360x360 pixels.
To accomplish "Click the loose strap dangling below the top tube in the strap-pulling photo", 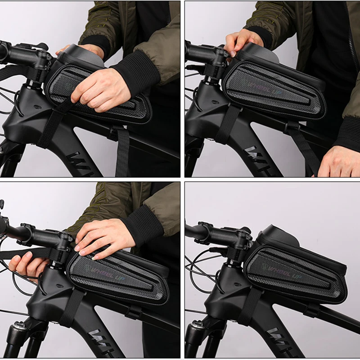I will tap(121, 153).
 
